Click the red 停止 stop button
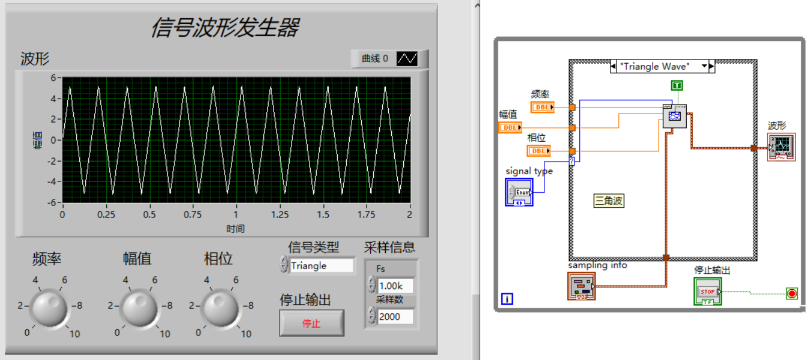click(x=311, y=323)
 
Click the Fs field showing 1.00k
click(x=395, y=285)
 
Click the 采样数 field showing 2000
click(x=395, y=316)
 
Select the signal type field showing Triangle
click(x=321, y=266)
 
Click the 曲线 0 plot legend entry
click(x=389, y=59)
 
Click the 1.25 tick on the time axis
click(x=279, y=215)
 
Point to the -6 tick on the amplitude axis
click(x=53, y=203)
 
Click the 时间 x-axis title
click(x=236, y=228)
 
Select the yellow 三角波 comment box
click(x=609, y=201)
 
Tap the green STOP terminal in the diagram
click(x=708, y=291)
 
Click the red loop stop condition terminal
click(x=792, y=294)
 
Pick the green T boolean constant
click(x=677, y=85)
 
